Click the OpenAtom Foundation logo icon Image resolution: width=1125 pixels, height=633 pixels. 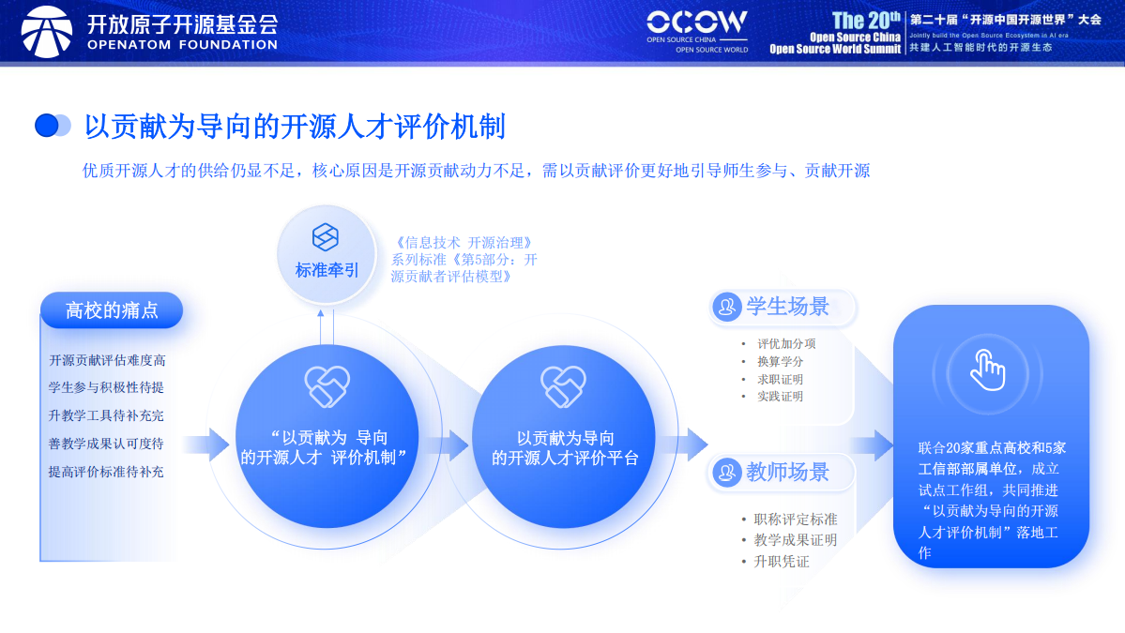click(x=46, y=31)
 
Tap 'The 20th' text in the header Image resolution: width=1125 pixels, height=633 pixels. click(x=866, y=20)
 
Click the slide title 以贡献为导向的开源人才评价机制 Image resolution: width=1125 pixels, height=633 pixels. click(x=295, y=126)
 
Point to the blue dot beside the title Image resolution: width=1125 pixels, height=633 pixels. click(x=47, y=126)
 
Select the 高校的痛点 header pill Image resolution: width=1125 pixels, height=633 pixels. click(x=112, y=310)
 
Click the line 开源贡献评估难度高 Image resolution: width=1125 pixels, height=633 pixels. click(x=107, y=360)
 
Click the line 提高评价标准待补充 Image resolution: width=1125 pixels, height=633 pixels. click(x=106, y=472)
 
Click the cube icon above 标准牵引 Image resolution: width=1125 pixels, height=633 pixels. click(x=326, y=236)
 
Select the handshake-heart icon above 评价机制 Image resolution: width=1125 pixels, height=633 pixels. click(x=327, y=386)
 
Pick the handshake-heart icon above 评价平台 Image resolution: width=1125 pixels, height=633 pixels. click(x=563, y=386)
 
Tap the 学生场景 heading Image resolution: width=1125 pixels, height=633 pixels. click(x=787, y=307)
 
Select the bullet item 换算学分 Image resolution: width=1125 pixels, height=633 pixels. click(x=780, y=361)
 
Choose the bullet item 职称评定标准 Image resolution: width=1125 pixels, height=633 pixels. click(x=795, y=520)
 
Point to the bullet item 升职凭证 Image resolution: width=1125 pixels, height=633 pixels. click(x=781, y=562)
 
